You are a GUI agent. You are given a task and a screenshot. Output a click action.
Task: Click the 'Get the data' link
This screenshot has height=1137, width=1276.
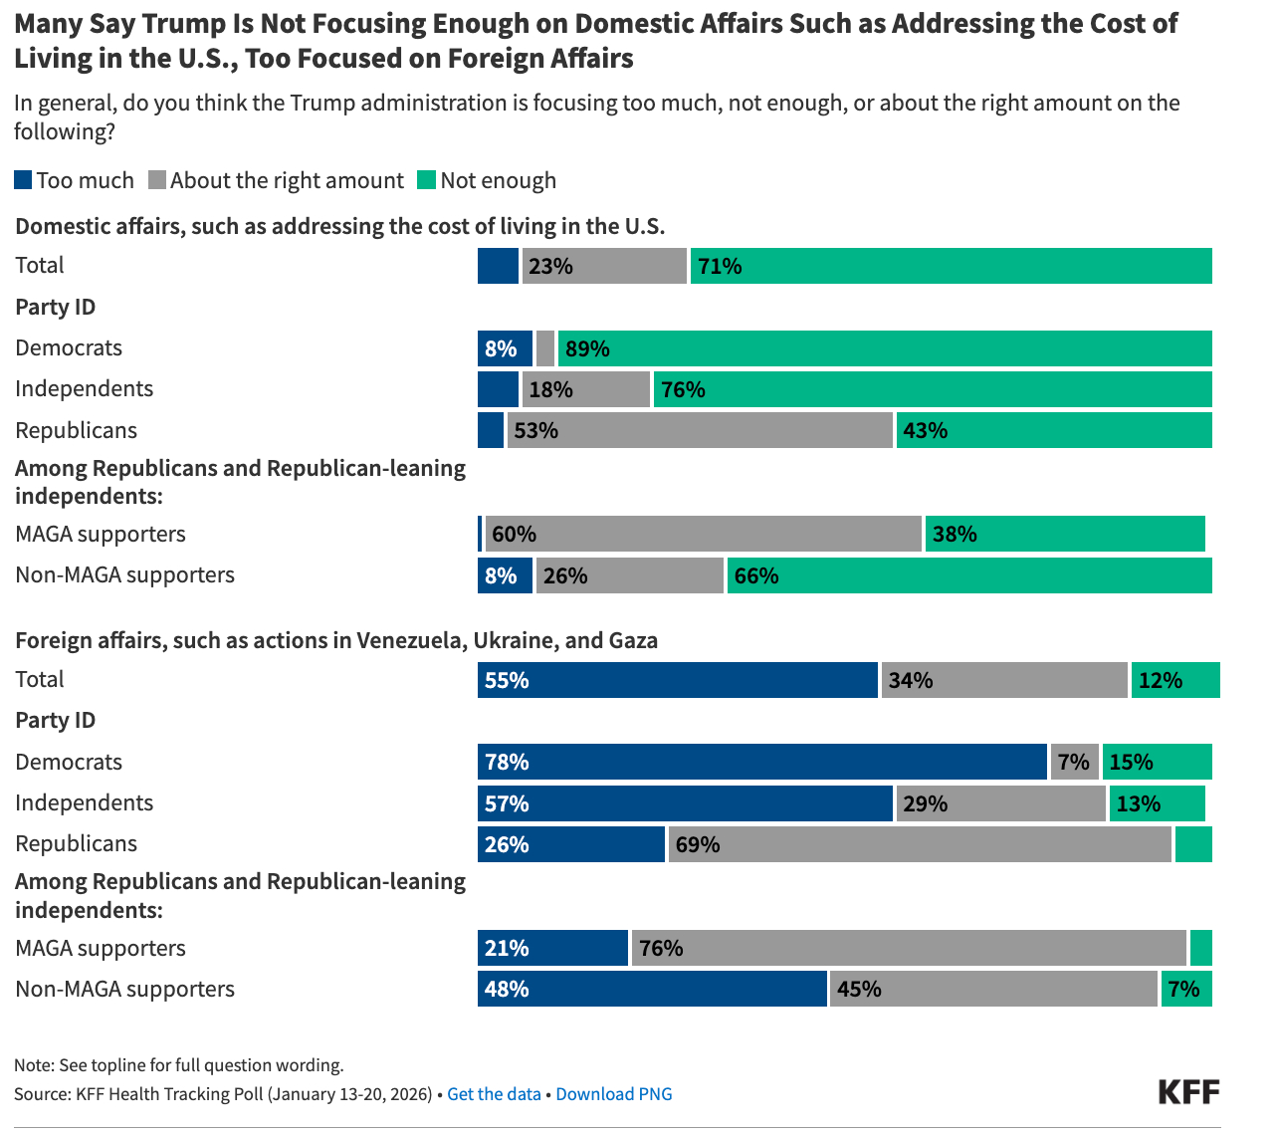(494, 1094)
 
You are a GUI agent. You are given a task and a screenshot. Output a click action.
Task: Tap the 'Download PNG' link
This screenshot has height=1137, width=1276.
(613, 1094)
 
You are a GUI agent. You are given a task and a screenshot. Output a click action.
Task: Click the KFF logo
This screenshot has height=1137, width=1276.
(1188, 1091)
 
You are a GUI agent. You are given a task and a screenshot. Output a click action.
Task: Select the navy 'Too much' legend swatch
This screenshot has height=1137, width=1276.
(23, 180)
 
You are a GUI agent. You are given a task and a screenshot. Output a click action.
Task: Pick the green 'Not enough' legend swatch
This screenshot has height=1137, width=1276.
(426, 180)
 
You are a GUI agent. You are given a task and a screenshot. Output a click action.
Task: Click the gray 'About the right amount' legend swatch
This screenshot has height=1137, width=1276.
(156, 180)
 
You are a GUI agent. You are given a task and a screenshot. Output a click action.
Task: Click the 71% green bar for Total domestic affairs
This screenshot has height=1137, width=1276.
(951, 266)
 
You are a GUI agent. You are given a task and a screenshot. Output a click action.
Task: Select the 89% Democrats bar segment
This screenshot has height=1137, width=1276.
(885, 348)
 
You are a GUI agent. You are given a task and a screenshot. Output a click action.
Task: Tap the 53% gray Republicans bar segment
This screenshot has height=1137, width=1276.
(700, 430)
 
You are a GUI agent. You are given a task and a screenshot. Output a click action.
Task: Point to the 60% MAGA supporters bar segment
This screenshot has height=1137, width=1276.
(703, 534)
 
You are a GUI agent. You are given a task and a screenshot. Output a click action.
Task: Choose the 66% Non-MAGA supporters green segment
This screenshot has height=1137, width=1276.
(969, 575)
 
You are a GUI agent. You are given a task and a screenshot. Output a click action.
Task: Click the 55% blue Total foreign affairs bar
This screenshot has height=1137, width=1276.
(677, 680)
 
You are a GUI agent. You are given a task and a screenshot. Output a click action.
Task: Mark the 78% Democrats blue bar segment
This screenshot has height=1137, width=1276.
(761, 763)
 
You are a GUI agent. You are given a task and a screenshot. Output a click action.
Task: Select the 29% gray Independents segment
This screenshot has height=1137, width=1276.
(1000, 803)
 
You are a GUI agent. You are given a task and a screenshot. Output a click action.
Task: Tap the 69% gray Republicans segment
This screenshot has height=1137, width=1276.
(920, 844)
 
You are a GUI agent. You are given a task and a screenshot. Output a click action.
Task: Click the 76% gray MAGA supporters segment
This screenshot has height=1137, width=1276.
(909, 948)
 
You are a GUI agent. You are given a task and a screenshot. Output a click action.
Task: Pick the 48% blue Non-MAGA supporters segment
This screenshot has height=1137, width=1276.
(652, 990)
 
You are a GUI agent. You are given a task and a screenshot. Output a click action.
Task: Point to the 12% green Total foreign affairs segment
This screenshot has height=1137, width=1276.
(1175, 680)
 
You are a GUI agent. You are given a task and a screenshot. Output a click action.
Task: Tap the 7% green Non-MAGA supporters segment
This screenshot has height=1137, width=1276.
(1186, 990)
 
